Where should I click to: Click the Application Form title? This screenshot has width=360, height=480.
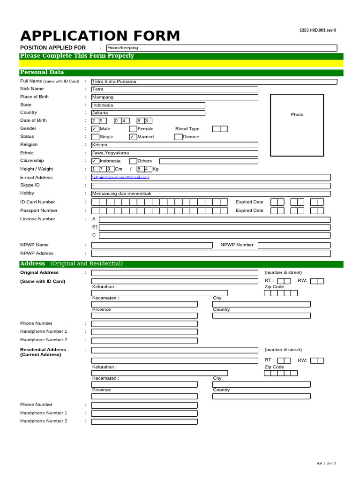[x=100, y=36]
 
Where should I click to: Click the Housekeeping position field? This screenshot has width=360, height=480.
[x=221, y=48]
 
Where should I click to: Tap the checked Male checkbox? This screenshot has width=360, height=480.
[x=95, y=129]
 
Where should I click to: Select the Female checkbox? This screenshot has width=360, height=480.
[x=133, y=129]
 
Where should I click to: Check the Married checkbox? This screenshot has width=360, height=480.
[x=133, y=137]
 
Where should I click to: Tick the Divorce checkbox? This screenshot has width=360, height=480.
[x=179, y=137]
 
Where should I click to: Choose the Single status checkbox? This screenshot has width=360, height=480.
[x=95, y=137]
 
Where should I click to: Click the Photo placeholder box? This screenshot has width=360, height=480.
[x=297, y=125]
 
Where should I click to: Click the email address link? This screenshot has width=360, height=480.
[x=120, y=177]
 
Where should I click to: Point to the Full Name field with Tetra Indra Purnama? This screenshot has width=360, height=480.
[x=214, y=82]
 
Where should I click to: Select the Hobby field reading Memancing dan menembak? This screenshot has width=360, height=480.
[x=210, y=194]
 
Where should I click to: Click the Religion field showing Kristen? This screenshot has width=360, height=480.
[x=174, y=145]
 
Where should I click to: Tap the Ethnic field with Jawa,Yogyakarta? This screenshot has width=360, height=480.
[x=174, y=153]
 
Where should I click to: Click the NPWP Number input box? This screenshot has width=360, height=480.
[x=294, y=245]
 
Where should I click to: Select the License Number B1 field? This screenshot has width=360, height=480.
[x=214, y=227]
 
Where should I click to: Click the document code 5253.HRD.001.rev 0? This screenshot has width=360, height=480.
[x=317, y=30]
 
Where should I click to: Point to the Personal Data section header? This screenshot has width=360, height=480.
[x=42, y=73]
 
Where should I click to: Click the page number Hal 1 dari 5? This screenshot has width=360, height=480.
[x=326, y=464]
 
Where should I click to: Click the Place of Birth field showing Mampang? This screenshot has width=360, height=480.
[x=174, y=97]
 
